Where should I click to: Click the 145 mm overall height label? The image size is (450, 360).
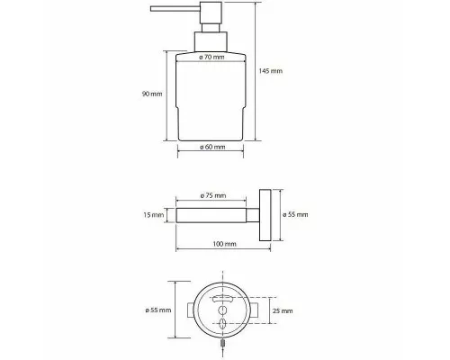tap(271, 71)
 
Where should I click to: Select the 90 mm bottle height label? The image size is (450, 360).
tap(152, 94)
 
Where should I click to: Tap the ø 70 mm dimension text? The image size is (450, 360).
tap(211, 57)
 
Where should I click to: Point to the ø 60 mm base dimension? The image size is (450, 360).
tap(212, 147)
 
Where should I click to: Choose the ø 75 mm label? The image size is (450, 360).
tap(213, 195)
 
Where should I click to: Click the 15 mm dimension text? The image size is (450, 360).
tap(154, 215)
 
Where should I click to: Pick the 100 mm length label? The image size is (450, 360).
tap(225, 244)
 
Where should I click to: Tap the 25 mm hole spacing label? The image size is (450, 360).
tap(283, 310)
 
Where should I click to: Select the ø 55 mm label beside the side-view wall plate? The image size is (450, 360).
tap(295, 214)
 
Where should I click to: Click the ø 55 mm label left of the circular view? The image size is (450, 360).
tap(158, 310)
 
